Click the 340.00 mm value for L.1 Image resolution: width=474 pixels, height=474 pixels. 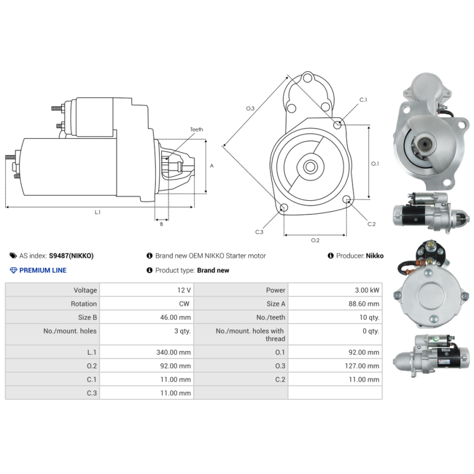point(174,352)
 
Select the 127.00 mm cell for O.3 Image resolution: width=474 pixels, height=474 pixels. point(362,366)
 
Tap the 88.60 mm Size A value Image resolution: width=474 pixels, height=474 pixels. point(364,304)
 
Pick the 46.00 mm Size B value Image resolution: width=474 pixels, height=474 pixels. point(175,318)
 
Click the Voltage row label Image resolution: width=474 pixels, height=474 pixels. point(85,290)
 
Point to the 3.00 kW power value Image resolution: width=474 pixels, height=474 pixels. point(367,290)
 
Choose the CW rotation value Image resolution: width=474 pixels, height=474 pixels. point(184,304)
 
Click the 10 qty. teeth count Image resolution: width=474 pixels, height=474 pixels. point(369,318)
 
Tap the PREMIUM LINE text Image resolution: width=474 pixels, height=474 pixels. point(43,270)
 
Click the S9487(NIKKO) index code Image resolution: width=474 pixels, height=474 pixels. point(71,256)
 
